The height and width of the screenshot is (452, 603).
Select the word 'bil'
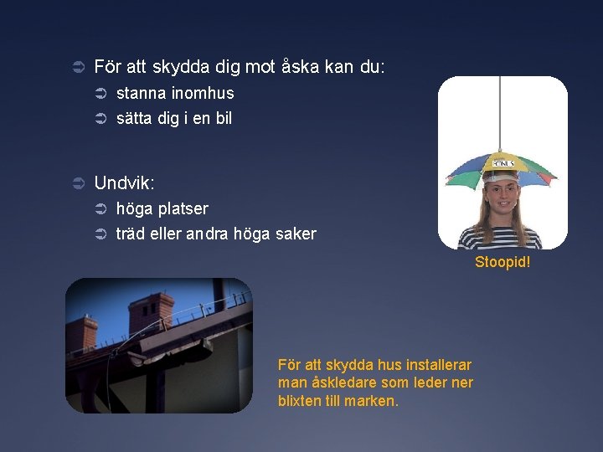[224, 118]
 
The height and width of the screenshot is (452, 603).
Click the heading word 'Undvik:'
[125, 182]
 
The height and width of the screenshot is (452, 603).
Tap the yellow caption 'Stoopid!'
[502, 262]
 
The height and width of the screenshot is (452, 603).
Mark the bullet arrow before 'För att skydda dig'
[77, 67]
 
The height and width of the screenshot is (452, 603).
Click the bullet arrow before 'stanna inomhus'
[100, 94]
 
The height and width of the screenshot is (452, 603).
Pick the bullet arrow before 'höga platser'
[100, 208]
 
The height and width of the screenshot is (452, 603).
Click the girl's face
[502, 198]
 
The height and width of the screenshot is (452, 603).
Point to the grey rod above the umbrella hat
[502, 109]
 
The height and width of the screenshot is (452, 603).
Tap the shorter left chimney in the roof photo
[83, 332]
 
